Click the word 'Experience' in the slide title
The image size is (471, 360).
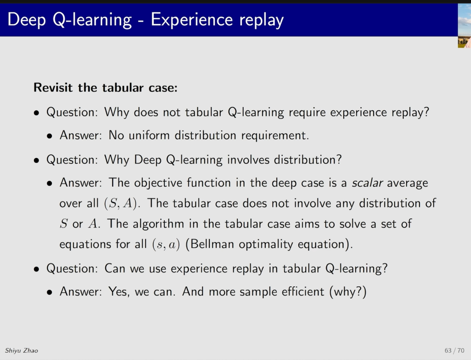pos(192,20)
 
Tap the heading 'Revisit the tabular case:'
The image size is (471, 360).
pos(105,87)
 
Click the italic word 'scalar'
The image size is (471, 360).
pos(367,183)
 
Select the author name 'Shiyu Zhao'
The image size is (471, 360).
pos(22,350)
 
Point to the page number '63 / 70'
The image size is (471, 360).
pos(455,350)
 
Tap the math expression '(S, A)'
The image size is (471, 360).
pos(122,203)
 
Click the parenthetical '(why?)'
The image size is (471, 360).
pos(348,292)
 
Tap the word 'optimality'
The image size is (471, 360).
pos(266,245)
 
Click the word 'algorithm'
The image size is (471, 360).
pos(159,224)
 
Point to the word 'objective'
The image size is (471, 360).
pos(158,183)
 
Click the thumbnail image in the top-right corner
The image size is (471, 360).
pos(465,26)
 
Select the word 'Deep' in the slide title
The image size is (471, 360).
pos(27,20)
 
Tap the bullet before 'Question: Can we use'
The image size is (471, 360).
pos(37,269)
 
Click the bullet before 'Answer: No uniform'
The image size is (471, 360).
pos(49,136)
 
